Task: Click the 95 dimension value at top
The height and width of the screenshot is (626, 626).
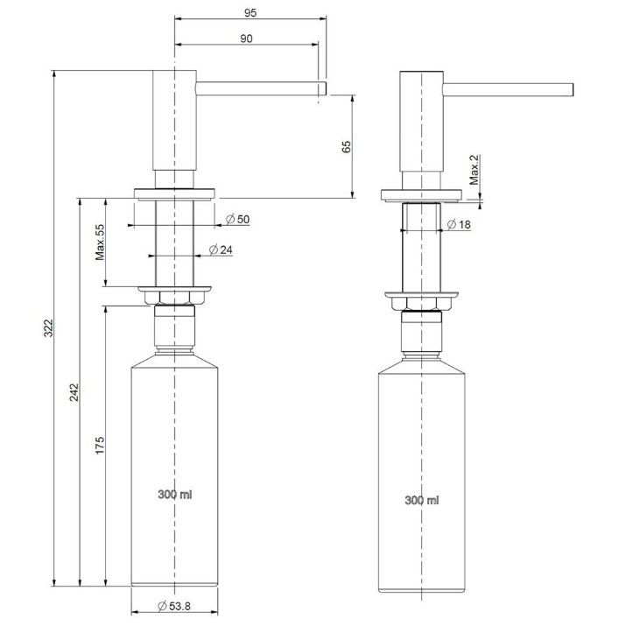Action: [x=250, y=13]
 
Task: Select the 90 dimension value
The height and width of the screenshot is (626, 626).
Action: [x=246, y=39]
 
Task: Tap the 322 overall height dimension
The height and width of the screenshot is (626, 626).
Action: [x=48, y=328]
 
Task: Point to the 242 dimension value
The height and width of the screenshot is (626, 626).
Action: [x=74, y=392]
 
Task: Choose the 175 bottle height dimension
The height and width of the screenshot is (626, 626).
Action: [x=100, y=445]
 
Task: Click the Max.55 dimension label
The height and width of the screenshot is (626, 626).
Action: [x=100, y=243]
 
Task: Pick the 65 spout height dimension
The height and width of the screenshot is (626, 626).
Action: [x=346, y=146]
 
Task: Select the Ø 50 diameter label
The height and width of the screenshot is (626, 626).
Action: [x=237, y=219]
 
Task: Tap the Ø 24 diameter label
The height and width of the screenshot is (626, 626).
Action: [x=221, y=250]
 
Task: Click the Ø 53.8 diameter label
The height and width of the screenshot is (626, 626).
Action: [x=174, y=606]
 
